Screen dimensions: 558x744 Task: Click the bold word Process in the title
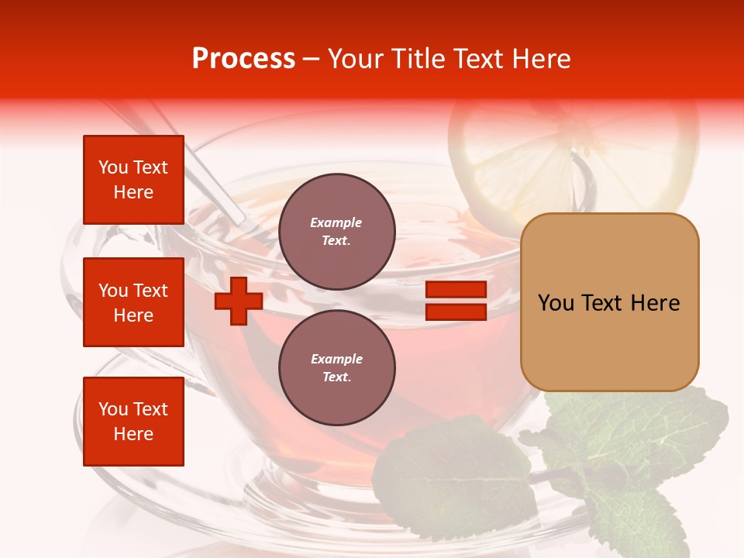(x=243, y=59)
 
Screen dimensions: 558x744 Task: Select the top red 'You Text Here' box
(x=133, y=180)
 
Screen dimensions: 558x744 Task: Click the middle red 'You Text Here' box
(x=133, y=302)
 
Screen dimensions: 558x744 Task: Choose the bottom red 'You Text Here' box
(x=133, y=422)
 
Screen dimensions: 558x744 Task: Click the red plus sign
(x=239, y=301)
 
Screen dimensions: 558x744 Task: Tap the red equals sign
(x=456, y=301)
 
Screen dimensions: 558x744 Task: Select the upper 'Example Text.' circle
(x=336, y=231)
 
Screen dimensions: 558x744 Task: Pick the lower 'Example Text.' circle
(x=336, y=367)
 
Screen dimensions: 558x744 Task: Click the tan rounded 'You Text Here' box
(x=609, y=302)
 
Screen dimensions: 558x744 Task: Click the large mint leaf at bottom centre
(x=449, y=480)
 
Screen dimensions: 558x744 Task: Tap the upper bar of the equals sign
(x=456, y=290)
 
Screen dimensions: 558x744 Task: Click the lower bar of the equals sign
(x=456, y=312)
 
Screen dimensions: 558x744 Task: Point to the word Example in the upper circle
(x=336, y=222)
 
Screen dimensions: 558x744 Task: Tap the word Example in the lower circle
(x=336, y=359)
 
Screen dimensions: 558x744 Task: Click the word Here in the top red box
(x=133, y=192)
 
